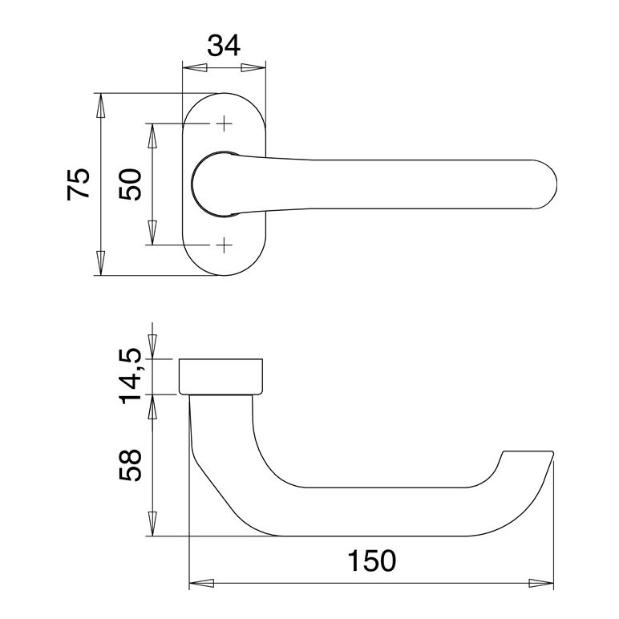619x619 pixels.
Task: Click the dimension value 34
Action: point(224,46)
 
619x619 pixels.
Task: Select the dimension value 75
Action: point(79,184)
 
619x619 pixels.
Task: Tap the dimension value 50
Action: point(130,184)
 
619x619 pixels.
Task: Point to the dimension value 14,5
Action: point(130,376)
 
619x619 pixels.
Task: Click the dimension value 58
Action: point(130,464)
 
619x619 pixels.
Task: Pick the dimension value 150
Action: point(371,560)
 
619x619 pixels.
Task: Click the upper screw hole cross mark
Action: point(224,123)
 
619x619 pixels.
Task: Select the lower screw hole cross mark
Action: point(224,245)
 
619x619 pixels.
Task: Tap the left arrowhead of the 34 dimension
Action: point(195,68)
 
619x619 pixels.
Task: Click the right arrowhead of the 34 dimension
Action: point(253,68)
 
